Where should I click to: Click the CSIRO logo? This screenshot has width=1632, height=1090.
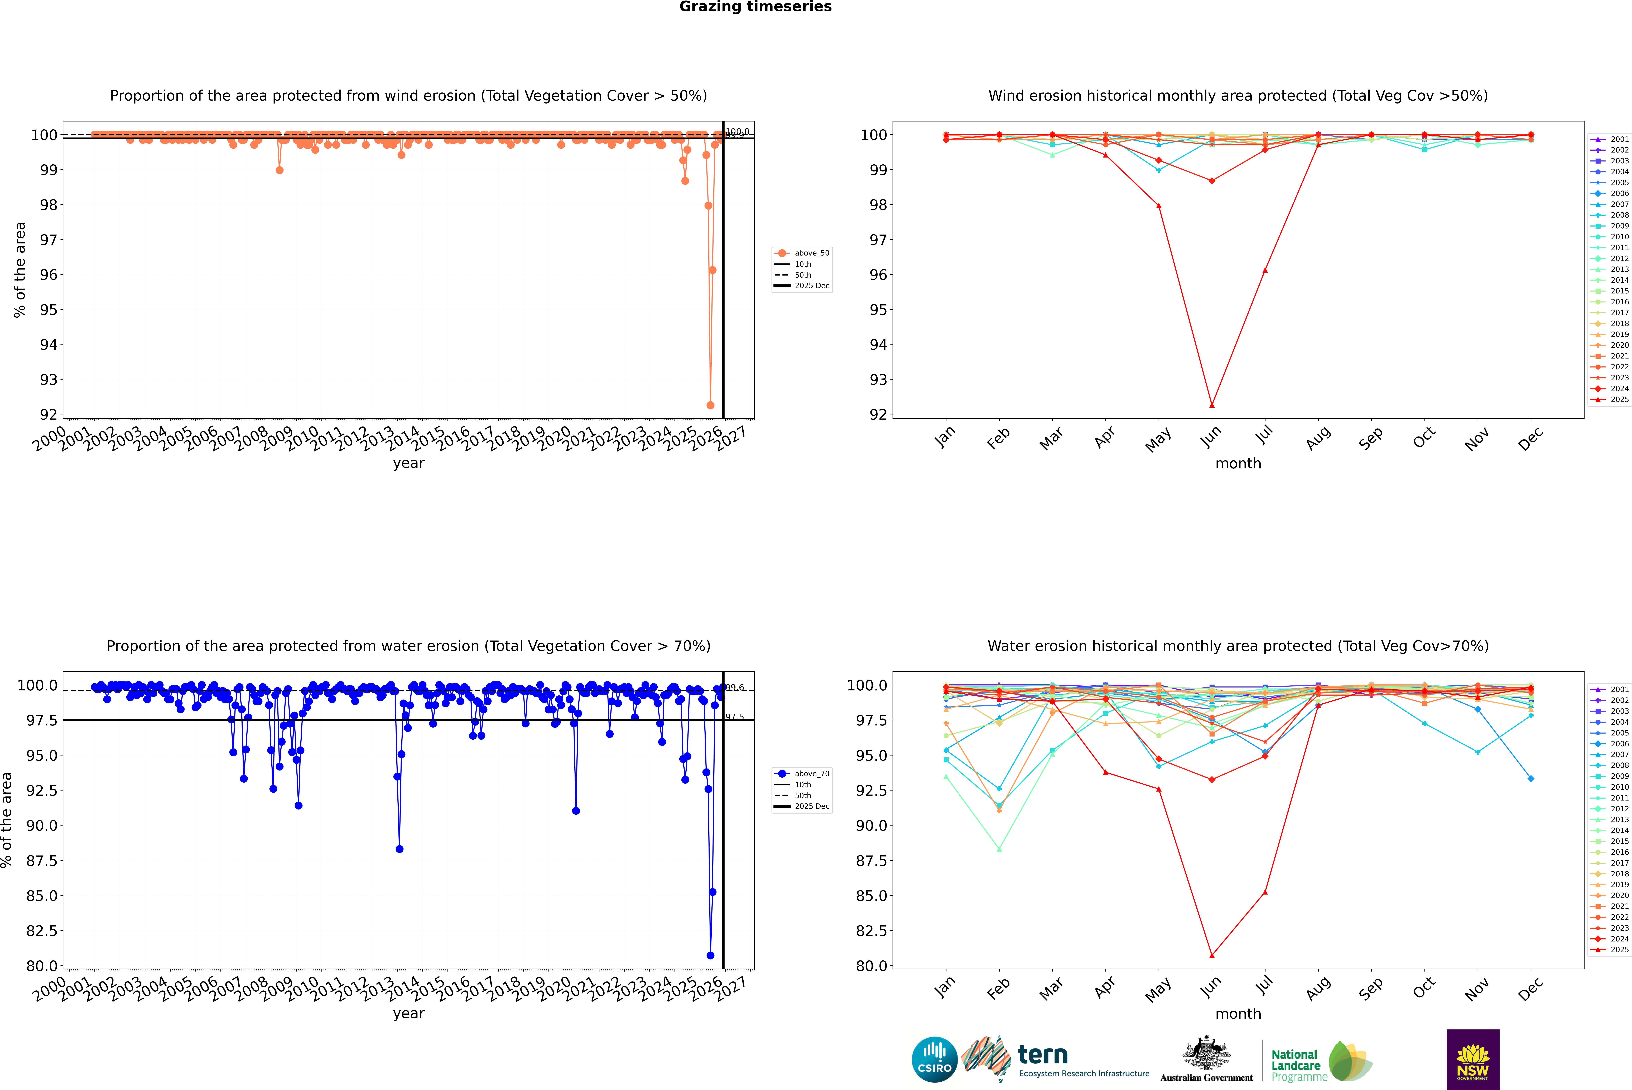coord(934,1059)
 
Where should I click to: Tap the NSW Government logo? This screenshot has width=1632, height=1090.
coord(1473,1059)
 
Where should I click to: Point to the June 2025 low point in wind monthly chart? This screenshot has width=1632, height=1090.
coord(1212,405)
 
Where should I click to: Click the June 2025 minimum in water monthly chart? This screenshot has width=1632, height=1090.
coord(1212,955)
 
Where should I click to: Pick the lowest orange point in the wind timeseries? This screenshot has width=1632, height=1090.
coord(710,405)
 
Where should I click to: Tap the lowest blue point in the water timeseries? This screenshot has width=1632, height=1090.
coord(710,955)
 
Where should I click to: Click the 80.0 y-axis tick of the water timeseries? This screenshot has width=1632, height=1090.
coord(42,966)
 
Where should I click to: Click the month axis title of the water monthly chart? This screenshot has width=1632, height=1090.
coord(1238,1014)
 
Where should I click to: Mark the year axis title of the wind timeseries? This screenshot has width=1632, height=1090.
coord(408,463)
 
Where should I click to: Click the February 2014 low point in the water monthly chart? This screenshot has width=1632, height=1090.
coord(999,849)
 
